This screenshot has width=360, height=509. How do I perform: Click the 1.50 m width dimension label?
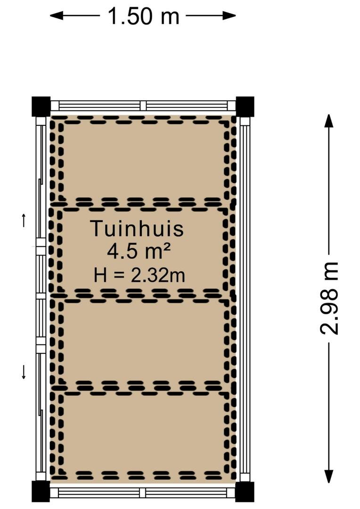tap(143, 16)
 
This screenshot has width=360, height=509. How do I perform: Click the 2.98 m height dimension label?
tap(329, 298)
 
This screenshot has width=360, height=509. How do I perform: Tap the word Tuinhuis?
tap(137, 228)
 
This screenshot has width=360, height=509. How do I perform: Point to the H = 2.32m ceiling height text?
tap(139, 275)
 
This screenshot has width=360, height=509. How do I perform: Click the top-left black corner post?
tap(41, 107)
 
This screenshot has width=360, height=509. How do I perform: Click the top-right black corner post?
tap(245, 107)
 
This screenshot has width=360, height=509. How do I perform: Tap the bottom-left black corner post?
tap(41, 492)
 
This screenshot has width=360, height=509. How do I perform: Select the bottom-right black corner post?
tap(245, 492)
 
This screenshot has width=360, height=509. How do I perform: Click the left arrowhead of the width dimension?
tap(56, 15)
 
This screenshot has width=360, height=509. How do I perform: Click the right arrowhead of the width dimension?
tap(229, 15)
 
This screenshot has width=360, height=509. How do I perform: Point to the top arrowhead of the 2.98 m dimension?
tap(329, 121)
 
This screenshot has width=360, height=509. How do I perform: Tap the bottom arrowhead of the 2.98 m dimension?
tap(329, 476)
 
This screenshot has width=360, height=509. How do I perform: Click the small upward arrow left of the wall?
tap(24, 220)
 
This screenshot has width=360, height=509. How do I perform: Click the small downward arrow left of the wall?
tap(24, 372)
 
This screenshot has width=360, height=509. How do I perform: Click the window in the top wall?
tap(143, 106)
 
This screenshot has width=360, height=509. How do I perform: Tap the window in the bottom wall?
tap(143, 492)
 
